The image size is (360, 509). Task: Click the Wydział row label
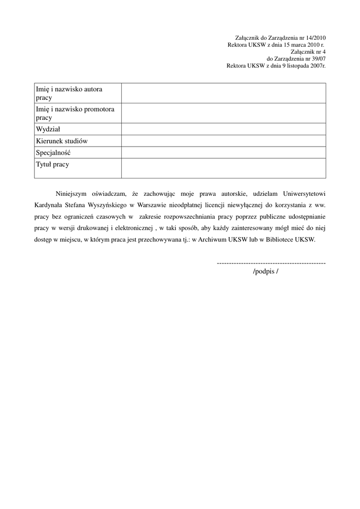click(48, 129)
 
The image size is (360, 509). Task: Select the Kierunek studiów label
click(62, 141)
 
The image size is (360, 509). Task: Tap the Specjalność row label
click(53, 153)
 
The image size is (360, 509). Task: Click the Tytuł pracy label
click(52, 165)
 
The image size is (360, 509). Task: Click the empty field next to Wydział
click(223, 129)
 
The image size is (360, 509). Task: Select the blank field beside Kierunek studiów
click(223, 141)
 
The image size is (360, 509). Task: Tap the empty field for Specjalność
click(223, 153)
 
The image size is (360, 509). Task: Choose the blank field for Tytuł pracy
click(223, 169)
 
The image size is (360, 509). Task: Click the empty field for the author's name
click(223, 93)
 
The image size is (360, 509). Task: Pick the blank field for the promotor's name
click(223, 113)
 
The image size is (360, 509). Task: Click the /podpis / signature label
click(266, 271)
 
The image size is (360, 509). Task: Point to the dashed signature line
click(271, 262)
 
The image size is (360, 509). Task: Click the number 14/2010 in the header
click(314, 38)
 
